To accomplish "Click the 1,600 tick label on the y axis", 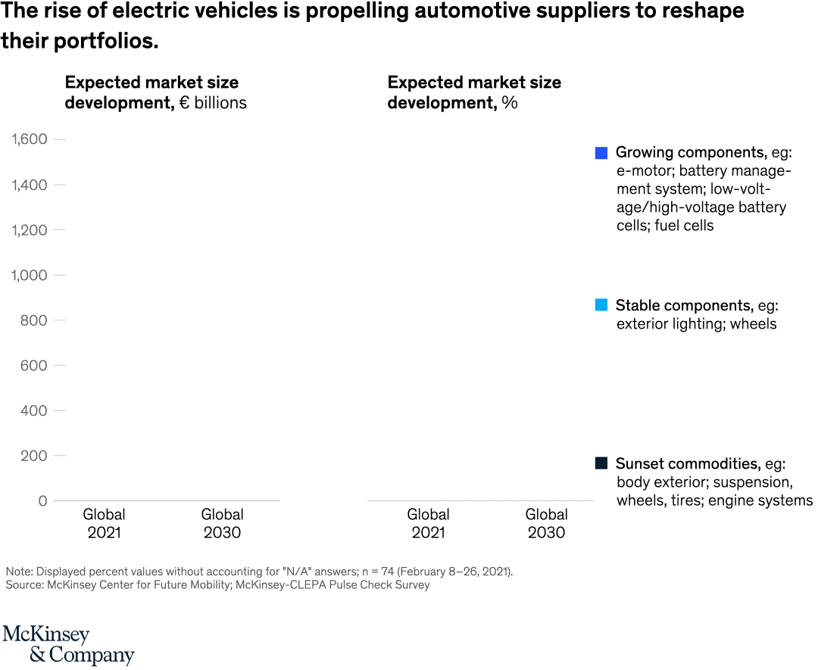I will click(29, 139).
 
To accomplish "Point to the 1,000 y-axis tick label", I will click(29, 275).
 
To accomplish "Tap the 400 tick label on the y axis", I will click(34, 410).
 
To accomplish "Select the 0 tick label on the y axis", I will click(42, 500).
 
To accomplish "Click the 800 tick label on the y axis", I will click(34, 320).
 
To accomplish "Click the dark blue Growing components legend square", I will click(601, 153).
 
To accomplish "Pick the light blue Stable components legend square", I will click(601, 305).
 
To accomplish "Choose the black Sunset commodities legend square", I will click(601, 463).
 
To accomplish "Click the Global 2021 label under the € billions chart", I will click(104, 523).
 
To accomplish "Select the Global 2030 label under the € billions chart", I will click(222, 523).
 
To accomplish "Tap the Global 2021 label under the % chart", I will click(428, 523).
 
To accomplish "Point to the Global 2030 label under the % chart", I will click(546, 523).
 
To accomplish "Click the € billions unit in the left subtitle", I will click(213, 103).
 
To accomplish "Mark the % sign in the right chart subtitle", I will click(509, 103).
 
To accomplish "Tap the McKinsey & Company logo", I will click(68, 645).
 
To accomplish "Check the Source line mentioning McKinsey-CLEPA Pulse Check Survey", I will click(217, 584).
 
